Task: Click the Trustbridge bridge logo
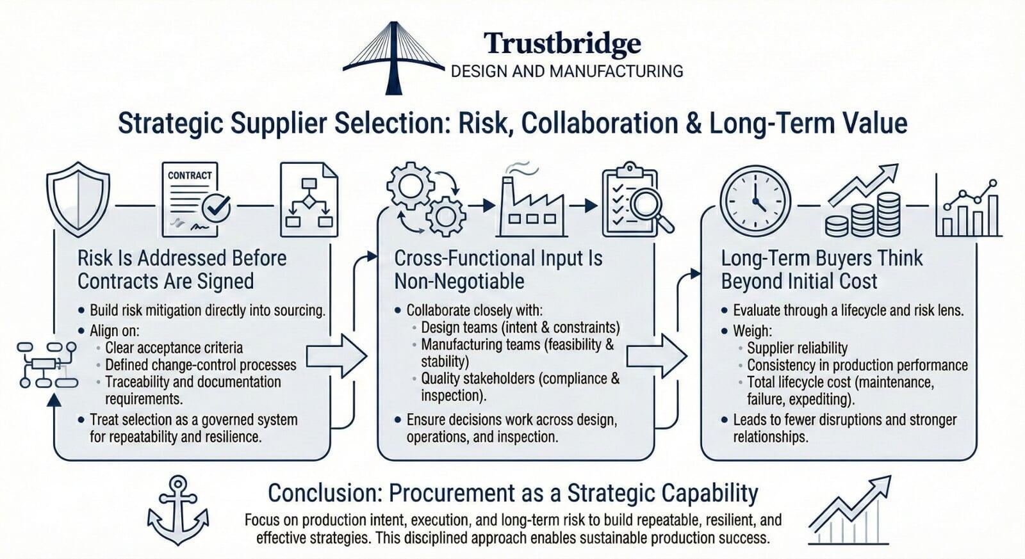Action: tap(393, 58)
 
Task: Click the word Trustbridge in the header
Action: tap(562, 44)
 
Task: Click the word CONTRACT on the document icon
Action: tap(190, 175)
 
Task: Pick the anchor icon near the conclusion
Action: tap(178, 510)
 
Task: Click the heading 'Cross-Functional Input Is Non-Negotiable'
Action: tap(498, 270)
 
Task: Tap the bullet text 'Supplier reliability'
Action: tap(797, 348)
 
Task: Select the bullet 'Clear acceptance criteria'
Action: tap(174, 348)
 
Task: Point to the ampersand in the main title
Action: tap(694, 124)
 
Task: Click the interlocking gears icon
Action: tap(426, 198)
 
